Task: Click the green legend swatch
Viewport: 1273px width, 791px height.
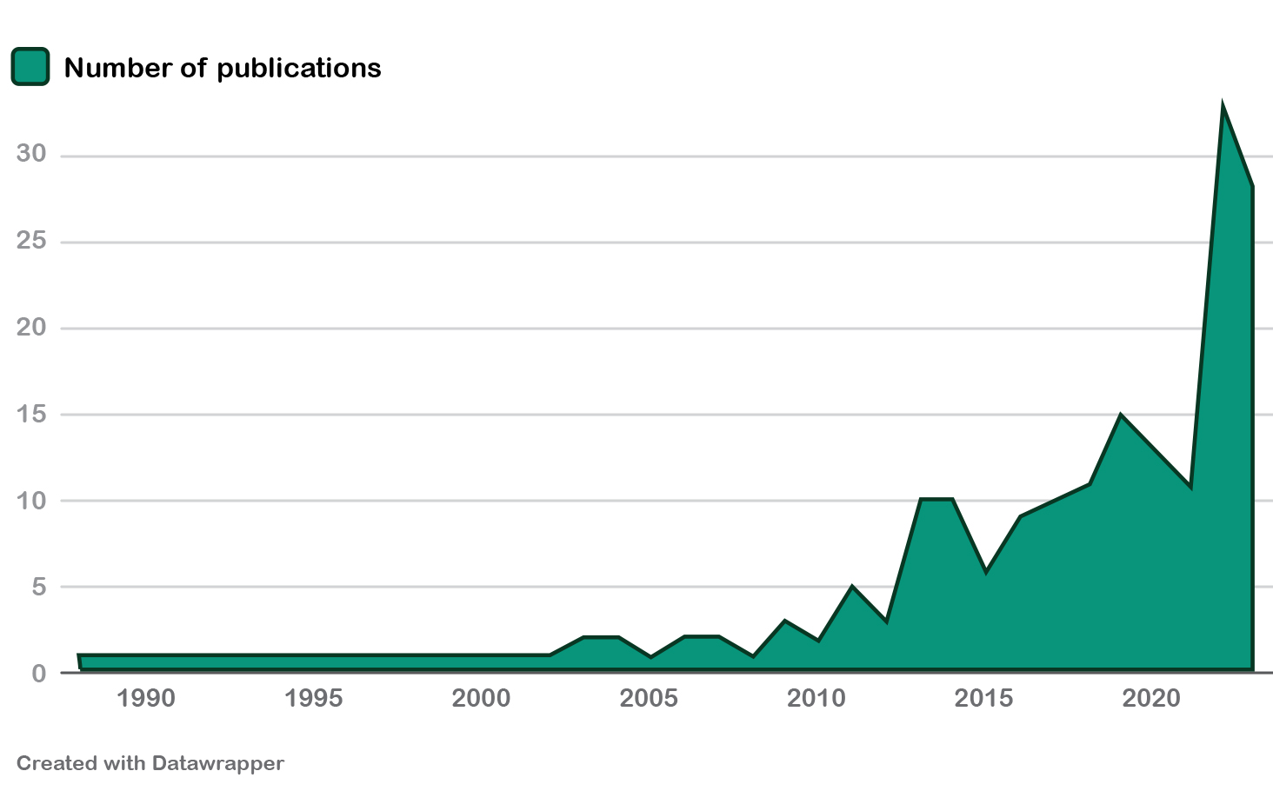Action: point(30,67)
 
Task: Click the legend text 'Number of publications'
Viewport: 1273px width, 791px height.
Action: point(223,68)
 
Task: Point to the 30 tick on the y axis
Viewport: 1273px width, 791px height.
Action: point(31,155)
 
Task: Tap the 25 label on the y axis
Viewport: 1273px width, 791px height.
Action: point(31,241)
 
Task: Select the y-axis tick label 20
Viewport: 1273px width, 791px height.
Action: point(31,328)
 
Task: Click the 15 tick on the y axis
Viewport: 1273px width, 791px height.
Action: point(31,414)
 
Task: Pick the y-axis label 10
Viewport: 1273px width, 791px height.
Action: point(31,501)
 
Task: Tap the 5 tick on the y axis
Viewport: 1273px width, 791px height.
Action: point(39,587)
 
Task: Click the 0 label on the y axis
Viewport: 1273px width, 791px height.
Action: point(39,674)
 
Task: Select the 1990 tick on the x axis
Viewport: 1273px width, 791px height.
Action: point(146,699)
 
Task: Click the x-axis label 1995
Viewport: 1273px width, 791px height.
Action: point(313,699)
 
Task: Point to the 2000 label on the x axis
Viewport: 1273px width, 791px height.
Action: point(481,699)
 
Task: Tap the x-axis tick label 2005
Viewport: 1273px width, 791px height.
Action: point(649,699)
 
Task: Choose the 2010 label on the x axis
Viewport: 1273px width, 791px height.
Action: point(816,699)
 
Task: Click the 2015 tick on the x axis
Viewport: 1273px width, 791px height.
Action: point(984,699)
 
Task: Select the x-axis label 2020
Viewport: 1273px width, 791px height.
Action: point(1152,699)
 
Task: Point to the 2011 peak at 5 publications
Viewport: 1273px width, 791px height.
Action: point(852,587)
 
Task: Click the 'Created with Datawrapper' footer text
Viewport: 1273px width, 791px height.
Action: point(150,764)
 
